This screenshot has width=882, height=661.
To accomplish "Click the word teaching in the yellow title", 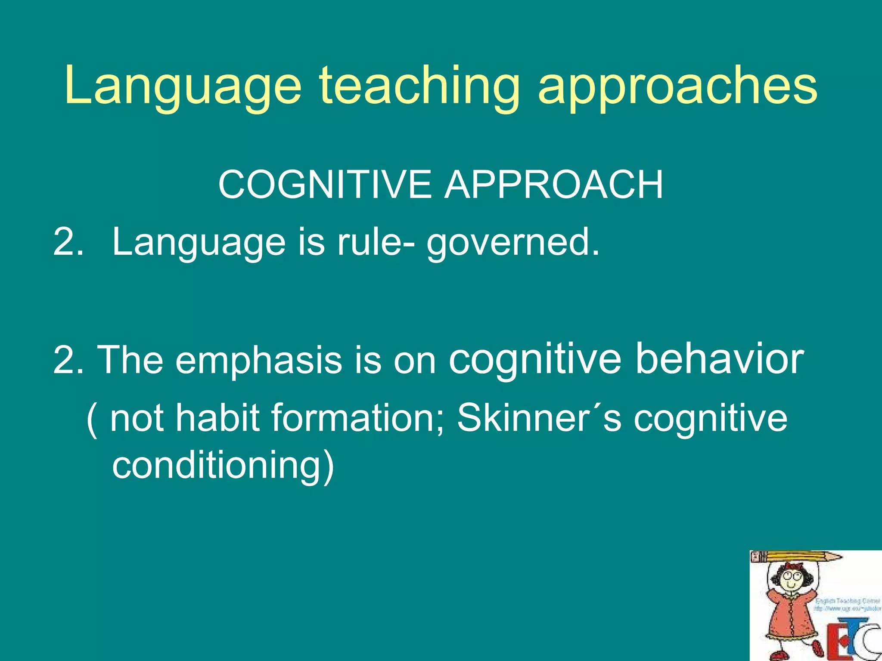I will tap(419, 86).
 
